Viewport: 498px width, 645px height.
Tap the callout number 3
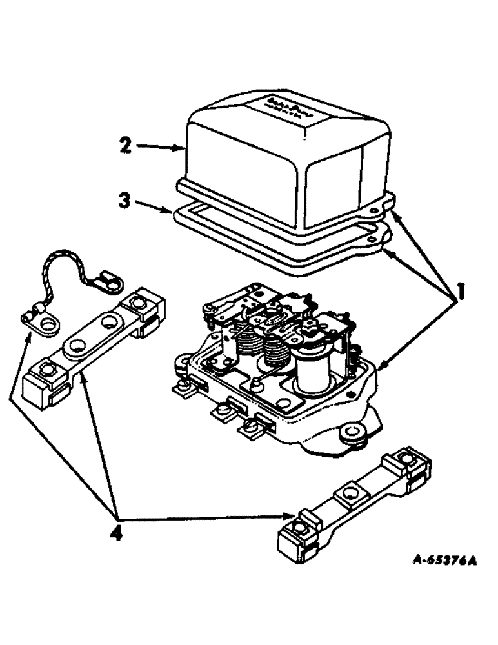coord(125,200)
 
